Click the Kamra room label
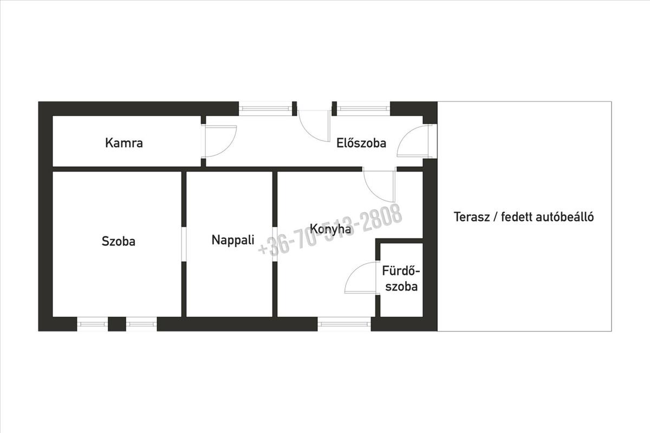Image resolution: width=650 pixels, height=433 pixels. (124, 143)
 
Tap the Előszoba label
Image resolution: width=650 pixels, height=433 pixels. (361, 143)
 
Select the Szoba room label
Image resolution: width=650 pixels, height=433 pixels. (119, 241)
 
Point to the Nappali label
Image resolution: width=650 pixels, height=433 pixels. (233, 240)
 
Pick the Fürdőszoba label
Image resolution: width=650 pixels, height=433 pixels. (401, 278)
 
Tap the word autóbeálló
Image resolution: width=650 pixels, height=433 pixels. (565, 218)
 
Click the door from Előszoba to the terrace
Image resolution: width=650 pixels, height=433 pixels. (414, 142)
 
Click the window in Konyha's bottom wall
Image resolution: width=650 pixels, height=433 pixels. (344, 324)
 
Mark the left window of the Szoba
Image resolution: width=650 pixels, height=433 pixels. (92, 324)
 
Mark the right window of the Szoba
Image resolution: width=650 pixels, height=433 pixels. (141, 324)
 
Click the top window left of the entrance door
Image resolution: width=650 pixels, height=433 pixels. (265, 108)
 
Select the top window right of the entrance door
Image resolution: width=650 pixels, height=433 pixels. (361, 108)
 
